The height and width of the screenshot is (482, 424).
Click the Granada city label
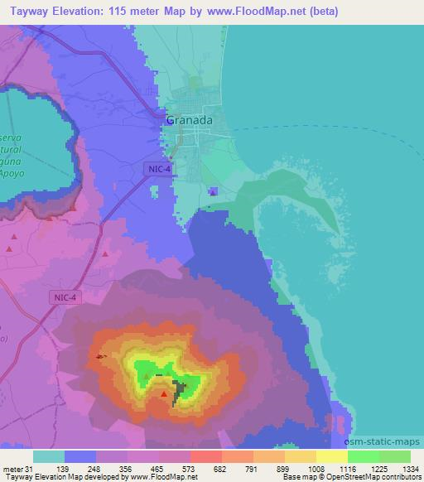tap(190, 119)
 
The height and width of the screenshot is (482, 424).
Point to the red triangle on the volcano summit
tap(164, 394)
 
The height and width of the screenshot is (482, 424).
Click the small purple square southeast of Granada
tap(214, 192)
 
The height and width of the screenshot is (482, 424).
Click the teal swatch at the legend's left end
tap(48, 456)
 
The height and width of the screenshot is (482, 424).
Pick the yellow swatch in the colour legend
tap(331, 456)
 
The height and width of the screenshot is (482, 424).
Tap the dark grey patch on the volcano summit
tap(180, 387)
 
